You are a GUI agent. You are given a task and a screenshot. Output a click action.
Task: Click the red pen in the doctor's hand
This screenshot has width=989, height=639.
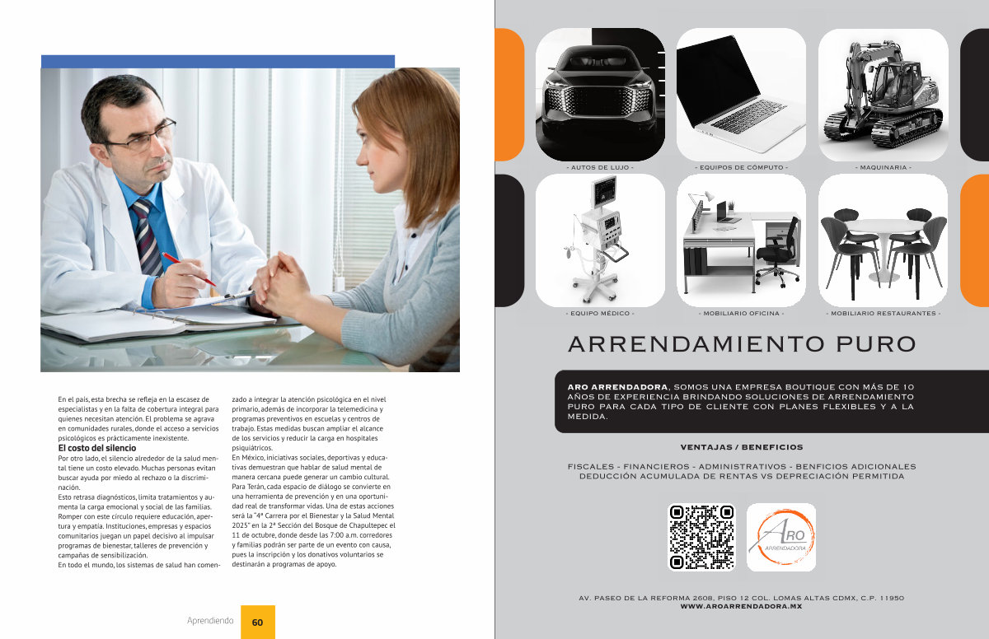tap(189, 269)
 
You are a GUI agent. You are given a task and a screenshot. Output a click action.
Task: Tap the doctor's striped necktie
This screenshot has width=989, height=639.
tap(148, 237)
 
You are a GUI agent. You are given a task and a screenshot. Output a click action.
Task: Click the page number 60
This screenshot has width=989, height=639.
tap(257, 623)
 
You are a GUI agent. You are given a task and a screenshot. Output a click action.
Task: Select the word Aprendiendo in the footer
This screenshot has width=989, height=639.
tap(210, 621)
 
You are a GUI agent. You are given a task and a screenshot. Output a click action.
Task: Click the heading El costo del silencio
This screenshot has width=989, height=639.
tap(97, 448)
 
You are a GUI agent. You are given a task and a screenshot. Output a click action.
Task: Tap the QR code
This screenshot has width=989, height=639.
tap(701, 537)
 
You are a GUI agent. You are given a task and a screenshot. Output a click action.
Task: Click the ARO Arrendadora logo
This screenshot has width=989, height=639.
tap(781, 537)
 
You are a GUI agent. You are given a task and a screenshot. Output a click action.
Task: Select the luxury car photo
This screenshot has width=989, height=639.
tap(600, 95)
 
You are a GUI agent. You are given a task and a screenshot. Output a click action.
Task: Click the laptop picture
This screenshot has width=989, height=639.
tap(741, 95)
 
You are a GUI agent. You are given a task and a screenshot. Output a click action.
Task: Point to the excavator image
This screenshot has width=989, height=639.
tap(883, 95)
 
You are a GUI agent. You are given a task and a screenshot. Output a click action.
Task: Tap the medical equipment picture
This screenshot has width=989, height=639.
tap(600, 240)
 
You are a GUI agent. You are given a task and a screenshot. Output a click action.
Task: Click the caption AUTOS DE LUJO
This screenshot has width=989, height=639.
tap(600, 168)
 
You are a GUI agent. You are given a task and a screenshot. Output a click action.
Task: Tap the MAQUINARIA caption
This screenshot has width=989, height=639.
tap(883, 168)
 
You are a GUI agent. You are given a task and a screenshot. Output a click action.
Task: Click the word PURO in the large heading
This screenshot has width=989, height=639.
tap(876, 344)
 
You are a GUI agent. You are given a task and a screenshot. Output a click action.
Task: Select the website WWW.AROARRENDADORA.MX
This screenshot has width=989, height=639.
tap(741, 606)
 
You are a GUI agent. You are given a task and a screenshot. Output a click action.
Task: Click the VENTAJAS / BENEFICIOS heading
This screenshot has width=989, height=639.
tap(742, 447)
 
